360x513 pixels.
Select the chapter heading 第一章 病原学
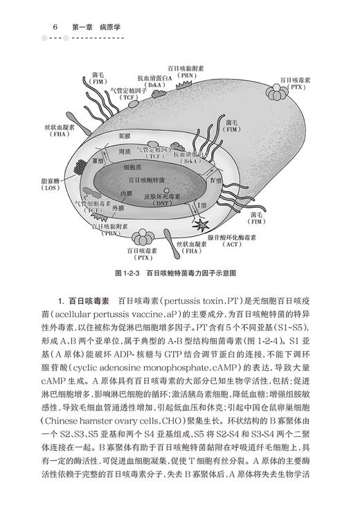(x=96, y=27)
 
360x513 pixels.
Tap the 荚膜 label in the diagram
(x=123, y=135)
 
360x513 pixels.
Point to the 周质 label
(x=125, y=151)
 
